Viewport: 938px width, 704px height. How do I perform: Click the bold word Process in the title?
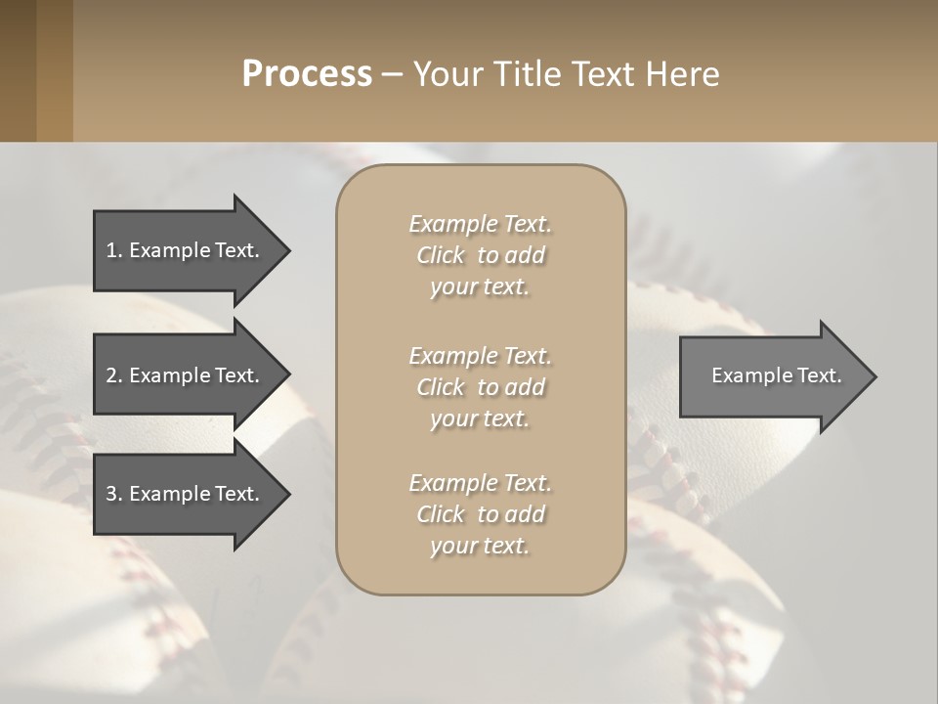coord(307,74)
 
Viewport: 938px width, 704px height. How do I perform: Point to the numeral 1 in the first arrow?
coord(111,250)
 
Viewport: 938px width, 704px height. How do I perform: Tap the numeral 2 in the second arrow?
coord(111,375)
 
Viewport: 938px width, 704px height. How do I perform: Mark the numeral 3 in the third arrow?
coord(111,494)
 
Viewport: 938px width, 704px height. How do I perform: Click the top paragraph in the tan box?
coord(480,255)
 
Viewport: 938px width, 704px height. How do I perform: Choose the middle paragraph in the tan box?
coord(480,387)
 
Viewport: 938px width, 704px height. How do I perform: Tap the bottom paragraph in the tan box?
coord(480,514)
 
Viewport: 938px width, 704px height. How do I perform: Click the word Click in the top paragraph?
coord(441,255)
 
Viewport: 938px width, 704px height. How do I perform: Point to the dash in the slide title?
coord(393,75)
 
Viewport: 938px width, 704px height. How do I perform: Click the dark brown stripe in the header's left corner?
coord(18,70)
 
